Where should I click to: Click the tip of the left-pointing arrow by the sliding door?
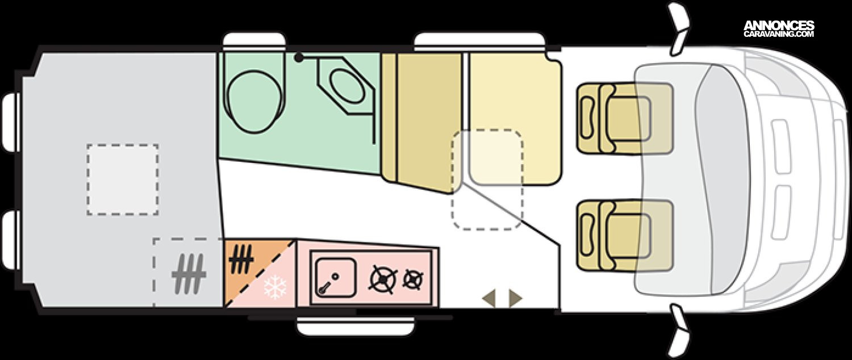tap(482, 299)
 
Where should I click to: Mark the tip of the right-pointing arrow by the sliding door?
tap(523, 299)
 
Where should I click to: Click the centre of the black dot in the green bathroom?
tap(299, 58)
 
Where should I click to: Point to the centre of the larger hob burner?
tap(383, 279)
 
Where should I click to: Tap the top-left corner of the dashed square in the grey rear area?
tap(87, 144)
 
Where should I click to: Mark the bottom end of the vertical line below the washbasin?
tap(374, 144)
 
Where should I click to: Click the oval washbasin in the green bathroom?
tap(346, 86)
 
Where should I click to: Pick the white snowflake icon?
tap(275, 287)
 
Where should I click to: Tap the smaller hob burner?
tap(413, 279)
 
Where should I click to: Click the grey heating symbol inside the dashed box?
tap(189, 274)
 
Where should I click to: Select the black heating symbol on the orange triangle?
tap(241, 258)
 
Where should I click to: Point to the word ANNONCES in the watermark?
tap(779, 26)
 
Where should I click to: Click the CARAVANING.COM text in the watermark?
tap(779, 34)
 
